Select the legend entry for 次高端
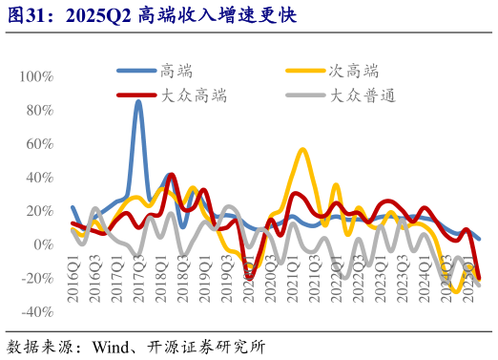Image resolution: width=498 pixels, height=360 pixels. point(353,70)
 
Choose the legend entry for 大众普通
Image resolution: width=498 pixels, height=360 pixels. point(363,95)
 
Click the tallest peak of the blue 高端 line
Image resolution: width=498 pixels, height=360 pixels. point(138,102)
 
